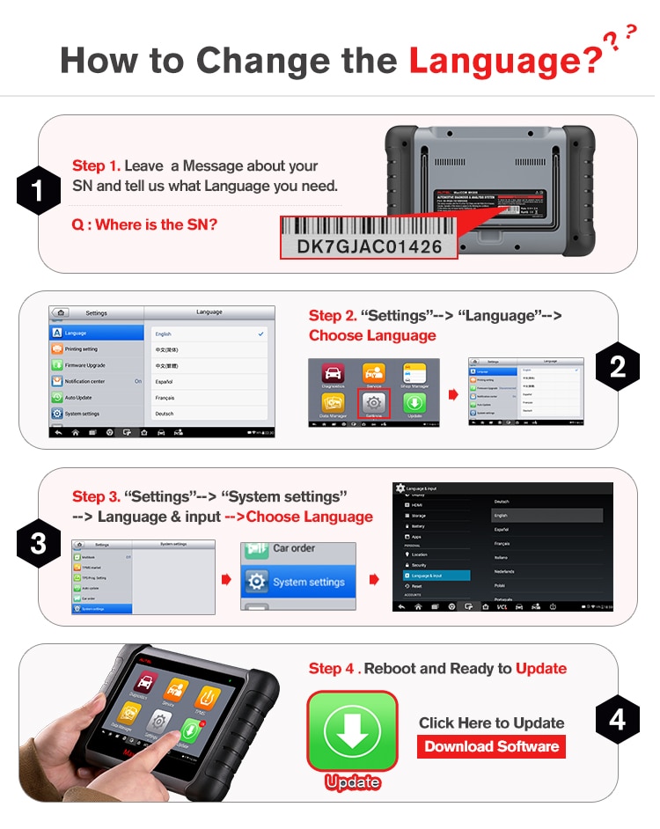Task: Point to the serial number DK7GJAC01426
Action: pos(369,246)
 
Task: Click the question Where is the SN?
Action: pos(144,224)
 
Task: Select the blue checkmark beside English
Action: pos(260,334)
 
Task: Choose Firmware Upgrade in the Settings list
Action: pos(85,365)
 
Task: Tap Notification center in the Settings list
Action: pos(85,381)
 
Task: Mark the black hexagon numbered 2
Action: pos(618,366)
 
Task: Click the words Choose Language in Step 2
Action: pos(372,335)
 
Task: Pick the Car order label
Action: pos(295,548)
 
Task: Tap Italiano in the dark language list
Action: pos(502,557)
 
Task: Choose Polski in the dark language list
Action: pos(500,583)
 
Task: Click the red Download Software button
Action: pos(491,746)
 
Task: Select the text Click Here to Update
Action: pos(491,723)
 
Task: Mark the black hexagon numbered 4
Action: pos(618,720)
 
